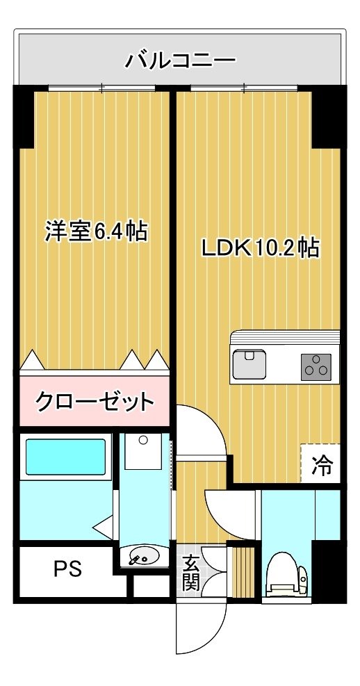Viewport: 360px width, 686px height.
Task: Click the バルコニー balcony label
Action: click(x=180, y=60)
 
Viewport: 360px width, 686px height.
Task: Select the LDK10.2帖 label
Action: click(x=260, y=248)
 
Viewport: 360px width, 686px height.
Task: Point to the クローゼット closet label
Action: click(x=95, y=400)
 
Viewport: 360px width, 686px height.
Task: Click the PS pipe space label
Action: click(x=67, y=569)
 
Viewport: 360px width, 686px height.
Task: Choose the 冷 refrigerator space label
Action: click(x=322, y=465)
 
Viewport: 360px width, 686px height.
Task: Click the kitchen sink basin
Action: click(x=249, y=364)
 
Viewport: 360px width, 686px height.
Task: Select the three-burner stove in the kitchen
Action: click(x=316, y=366)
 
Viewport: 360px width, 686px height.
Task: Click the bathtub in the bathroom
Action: click(x=65, y=457)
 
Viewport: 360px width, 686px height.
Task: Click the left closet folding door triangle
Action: click(x=32, y=359)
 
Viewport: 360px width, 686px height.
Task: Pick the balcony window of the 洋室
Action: click(x=101, y=88)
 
